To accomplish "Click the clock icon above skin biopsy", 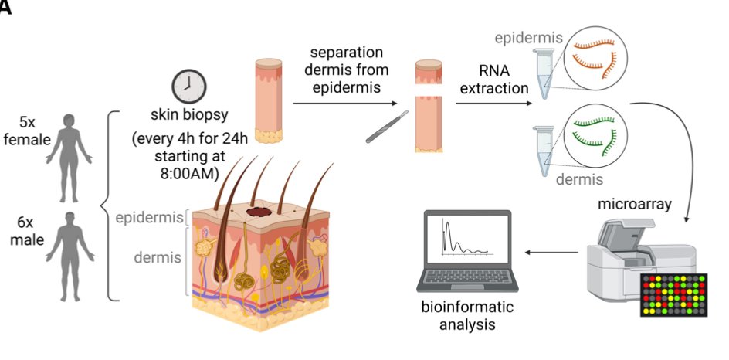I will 188,87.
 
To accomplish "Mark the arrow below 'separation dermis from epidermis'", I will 344,100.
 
